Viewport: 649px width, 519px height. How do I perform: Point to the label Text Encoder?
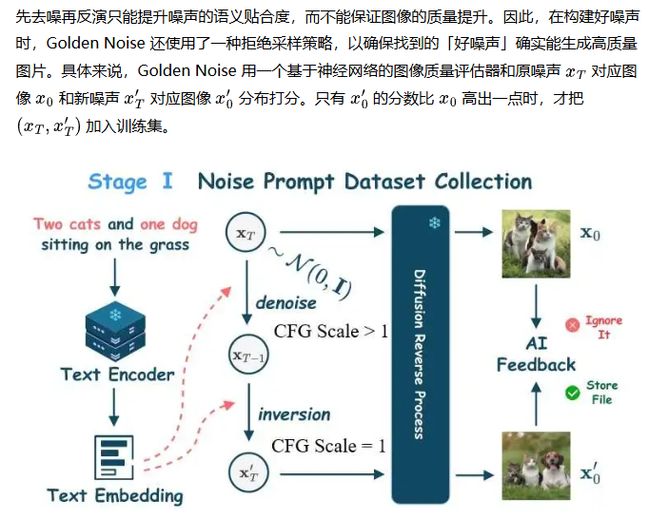pos(117,375)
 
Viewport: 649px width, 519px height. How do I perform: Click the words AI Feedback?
pos(536,354)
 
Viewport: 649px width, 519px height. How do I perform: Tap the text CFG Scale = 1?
pos(328,446)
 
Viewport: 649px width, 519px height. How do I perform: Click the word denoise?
pos(285,303)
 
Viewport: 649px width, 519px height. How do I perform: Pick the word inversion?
pos(294,414)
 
